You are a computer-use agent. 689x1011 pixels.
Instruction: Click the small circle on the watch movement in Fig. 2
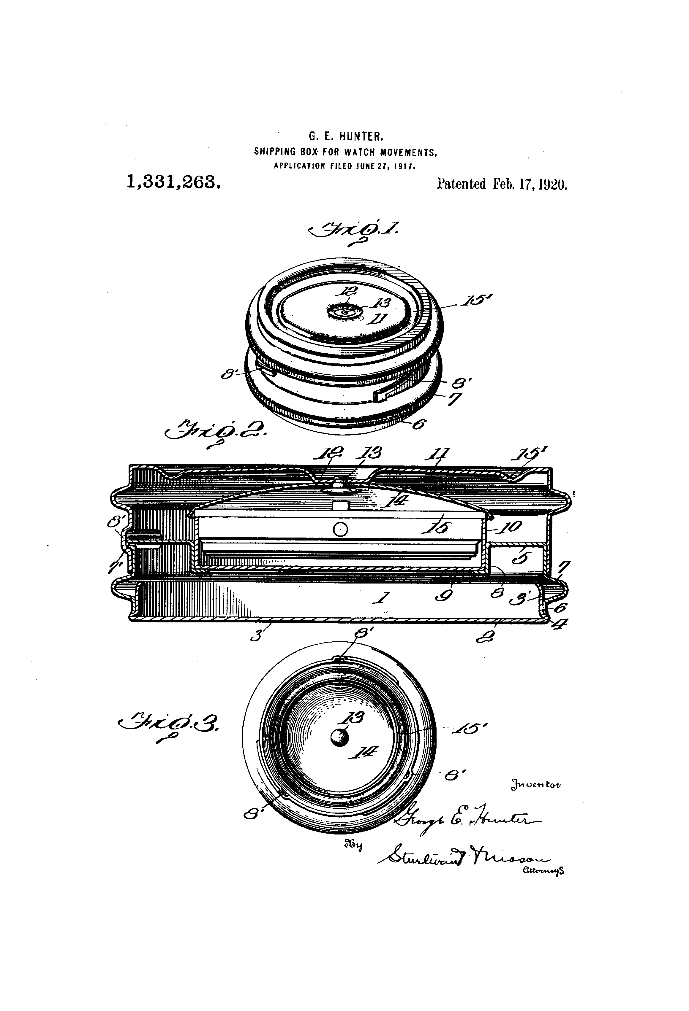coord(340,530)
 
